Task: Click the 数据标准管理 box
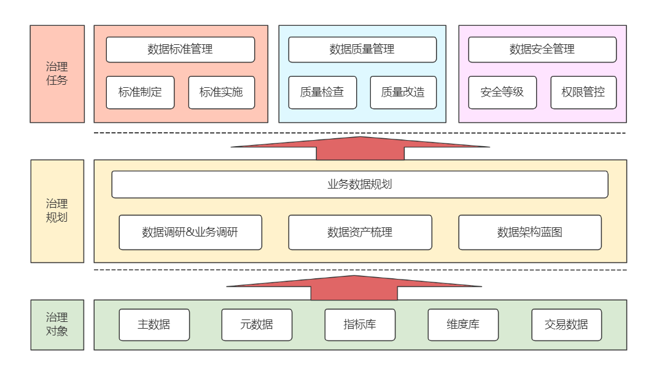[180, 50]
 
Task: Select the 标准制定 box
[140, 93]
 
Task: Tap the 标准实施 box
[221, 93]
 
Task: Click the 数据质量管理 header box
[362, 50]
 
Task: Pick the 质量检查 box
[322, 93]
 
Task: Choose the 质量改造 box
[403, 93]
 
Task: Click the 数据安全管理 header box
[542, 50]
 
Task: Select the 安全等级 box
[502, 93]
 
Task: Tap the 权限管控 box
[583, 93]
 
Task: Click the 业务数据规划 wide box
[360, 184]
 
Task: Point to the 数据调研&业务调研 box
[190, 232]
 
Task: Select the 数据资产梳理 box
[360, 232]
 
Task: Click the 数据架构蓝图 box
[530, 232]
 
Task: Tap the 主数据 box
[154, 324]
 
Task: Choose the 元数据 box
[257, 324]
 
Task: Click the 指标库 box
[360, 324]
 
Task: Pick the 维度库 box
[463, 324]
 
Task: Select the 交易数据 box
[566, 324]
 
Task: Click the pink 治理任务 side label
[57, 74]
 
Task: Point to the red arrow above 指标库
[354, 286]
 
